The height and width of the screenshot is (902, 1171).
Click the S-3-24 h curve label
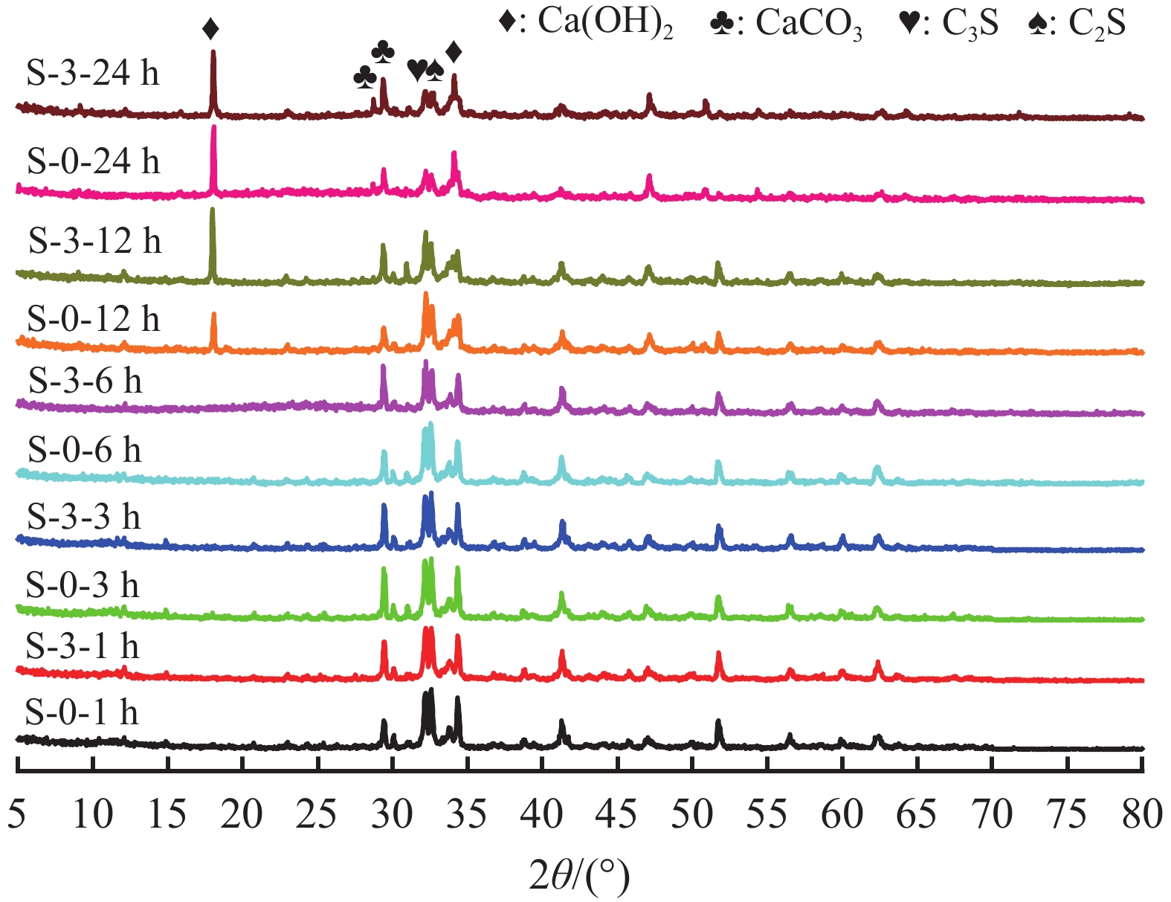93,74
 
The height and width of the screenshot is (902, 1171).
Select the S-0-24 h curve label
93,161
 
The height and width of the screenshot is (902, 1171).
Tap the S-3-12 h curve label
94,241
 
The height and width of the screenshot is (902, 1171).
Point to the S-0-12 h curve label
93,319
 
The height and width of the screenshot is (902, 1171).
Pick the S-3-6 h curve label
85,381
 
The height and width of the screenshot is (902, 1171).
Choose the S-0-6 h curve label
84,450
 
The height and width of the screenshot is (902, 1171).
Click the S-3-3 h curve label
83,516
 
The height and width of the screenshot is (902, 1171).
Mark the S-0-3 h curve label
83,586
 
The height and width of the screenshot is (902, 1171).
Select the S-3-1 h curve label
83,646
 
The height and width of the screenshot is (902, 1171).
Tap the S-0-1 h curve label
82,712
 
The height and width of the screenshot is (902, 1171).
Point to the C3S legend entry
948,24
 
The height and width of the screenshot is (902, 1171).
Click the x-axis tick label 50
691,814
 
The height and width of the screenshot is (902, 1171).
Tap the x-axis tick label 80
1142,814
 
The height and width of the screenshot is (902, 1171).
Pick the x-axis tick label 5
16,814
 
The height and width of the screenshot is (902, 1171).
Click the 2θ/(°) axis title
579,875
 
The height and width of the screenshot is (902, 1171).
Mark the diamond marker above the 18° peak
210,30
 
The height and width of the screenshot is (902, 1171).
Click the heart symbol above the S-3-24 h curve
416,70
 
